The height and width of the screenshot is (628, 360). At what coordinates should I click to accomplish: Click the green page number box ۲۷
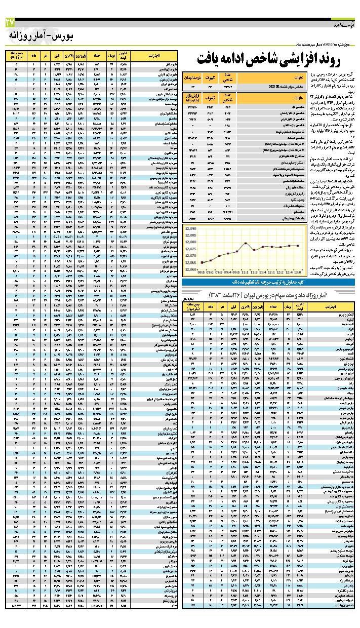10,22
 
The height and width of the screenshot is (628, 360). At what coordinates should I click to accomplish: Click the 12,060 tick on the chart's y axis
190,269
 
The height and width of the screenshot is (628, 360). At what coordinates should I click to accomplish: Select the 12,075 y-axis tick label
190,250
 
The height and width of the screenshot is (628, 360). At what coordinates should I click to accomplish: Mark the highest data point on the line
246,243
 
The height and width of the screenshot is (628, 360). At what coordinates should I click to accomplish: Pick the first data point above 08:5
202,262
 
